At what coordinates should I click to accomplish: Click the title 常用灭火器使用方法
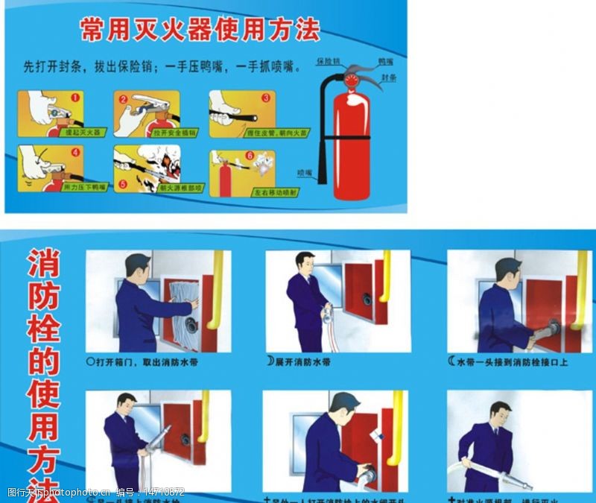coord(200,30)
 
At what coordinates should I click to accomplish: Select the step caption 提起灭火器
coord(82,132)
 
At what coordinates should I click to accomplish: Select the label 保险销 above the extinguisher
coord(328,60)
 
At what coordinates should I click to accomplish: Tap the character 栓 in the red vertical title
coord(43,329)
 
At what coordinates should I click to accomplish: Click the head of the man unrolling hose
coord(304,262)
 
